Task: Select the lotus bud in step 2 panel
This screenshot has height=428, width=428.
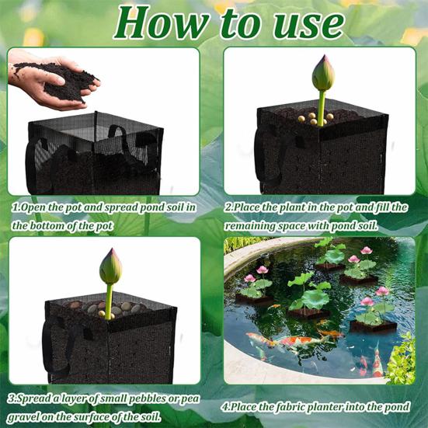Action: tap(322, 75)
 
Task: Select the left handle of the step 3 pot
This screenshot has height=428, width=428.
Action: tap(51, 342)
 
